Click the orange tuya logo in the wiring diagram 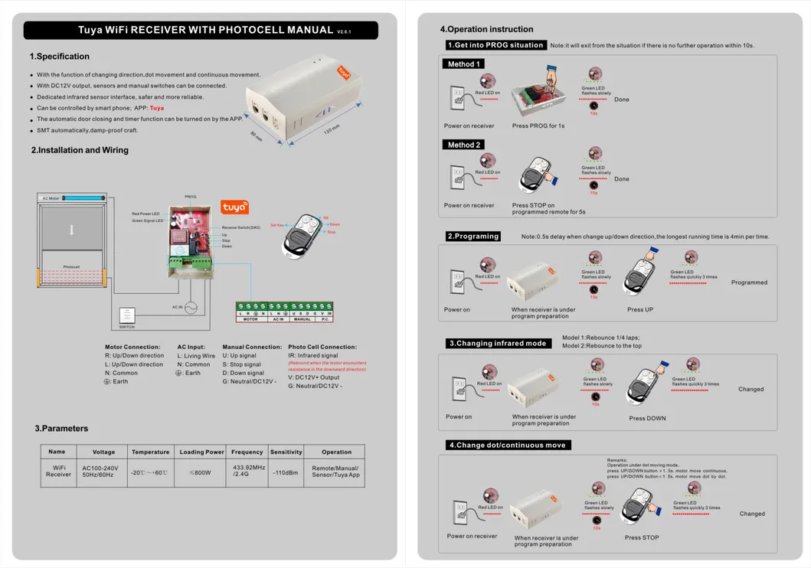pyautogui.click(x=234, y=207)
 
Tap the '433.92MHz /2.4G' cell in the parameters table pyautogui.click(x=247, y=470)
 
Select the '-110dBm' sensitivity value pyautogui.click(x=286, y=472)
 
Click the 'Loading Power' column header pyautogui.click(x=201, y=452)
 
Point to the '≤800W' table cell pyautogui.click(x=201, y=472)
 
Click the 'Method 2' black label pyautogui.click(x=464, y=145)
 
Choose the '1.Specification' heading pyautogui.click(x=60, y=57)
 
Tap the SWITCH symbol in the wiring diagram pyautogui.click(x=127, y=315)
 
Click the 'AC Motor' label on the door pyautogui.click(x=51, y=198)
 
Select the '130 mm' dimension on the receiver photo pyautogui.click(x=331, y=131)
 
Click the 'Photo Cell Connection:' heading pyautogui.click(x=322, y=347)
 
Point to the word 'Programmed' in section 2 pyautogui.click(x=749, y=282)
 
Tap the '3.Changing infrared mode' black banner pyautogui.click(x=497, y=343)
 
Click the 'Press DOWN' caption pyautogui.click(x=647, y=418)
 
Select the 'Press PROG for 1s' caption pyautogui.click(x=538, y=126)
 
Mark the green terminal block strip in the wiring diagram pyautogui.click(x=284, y=309)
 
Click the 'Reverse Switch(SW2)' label pyautogui.click(x=241, y=227)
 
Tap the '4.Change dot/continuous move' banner pyautogui.click(x=509, y=445)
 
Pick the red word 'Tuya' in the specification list pyautogui.click(x=157, y=108)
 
